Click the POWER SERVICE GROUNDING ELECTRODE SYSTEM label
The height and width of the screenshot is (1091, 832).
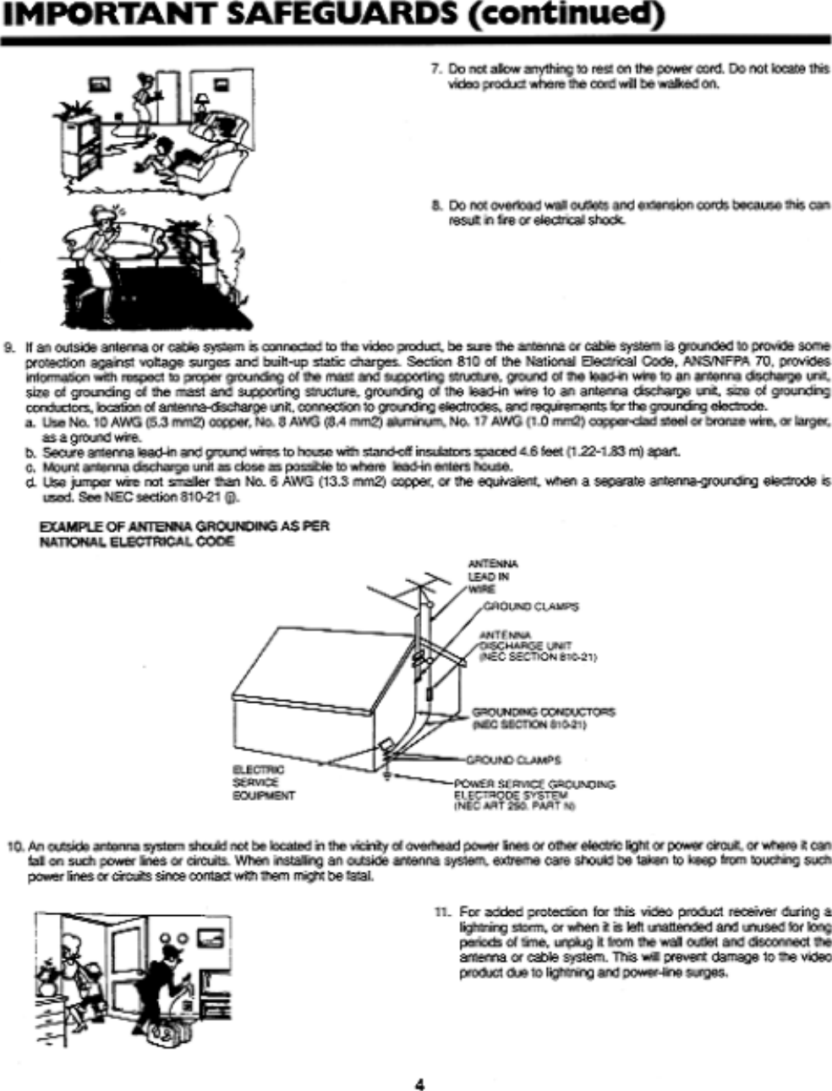point(533,795)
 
